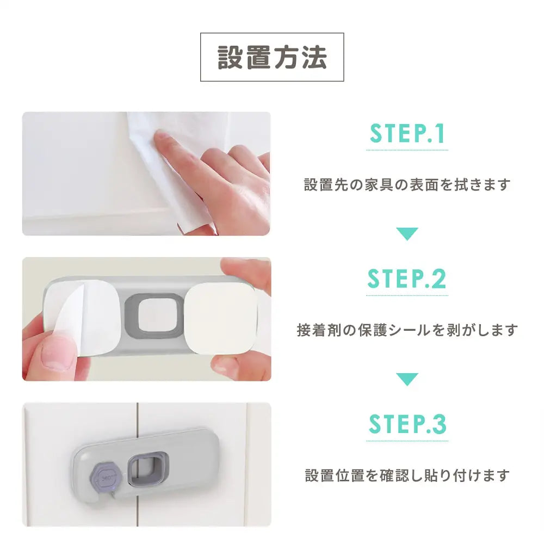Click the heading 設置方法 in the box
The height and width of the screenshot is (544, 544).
pos(272,57)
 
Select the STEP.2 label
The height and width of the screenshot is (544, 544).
pos(407,279)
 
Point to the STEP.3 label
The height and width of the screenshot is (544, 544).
pos(407,424)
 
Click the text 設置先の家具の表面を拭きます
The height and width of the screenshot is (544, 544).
pos(407,185)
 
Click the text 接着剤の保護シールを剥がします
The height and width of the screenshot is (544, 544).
pos(407,330)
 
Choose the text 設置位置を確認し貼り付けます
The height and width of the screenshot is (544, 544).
pos(407,475)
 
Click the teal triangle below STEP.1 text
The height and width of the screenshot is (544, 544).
pos(407,234)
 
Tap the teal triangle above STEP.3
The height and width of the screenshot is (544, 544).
pos(407,379)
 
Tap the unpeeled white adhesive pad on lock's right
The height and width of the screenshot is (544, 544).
pos(220,316)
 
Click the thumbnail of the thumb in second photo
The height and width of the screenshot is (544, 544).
pos(57,354)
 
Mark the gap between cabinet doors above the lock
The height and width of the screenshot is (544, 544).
pos(137,416)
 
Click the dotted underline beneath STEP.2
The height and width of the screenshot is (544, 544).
pos(407,295)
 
